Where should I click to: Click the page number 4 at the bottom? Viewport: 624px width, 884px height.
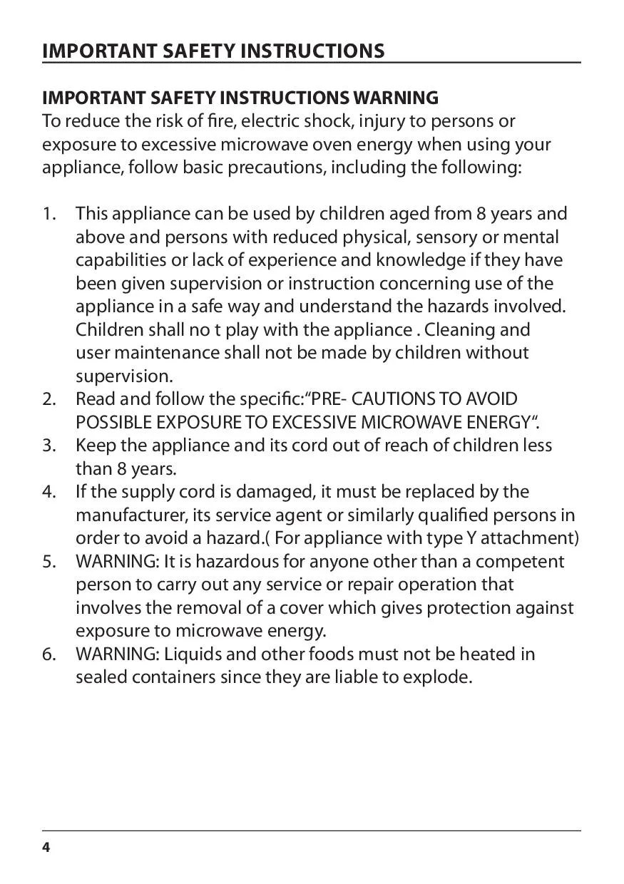click(46, 847)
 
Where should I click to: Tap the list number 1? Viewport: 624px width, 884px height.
click(49, 214)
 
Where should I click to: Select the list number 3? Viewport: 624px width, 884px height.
click(49, 446)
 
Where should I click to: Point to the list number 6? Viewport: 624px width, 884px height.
click(49, 654)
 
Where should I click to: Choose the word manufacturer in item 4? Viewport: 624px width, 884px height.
click(128, 515)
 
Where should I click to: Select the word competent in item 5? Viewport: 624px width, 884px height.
click(520, 562)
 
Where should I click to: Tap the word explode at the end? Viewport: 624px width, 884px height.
click(436, 677)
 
